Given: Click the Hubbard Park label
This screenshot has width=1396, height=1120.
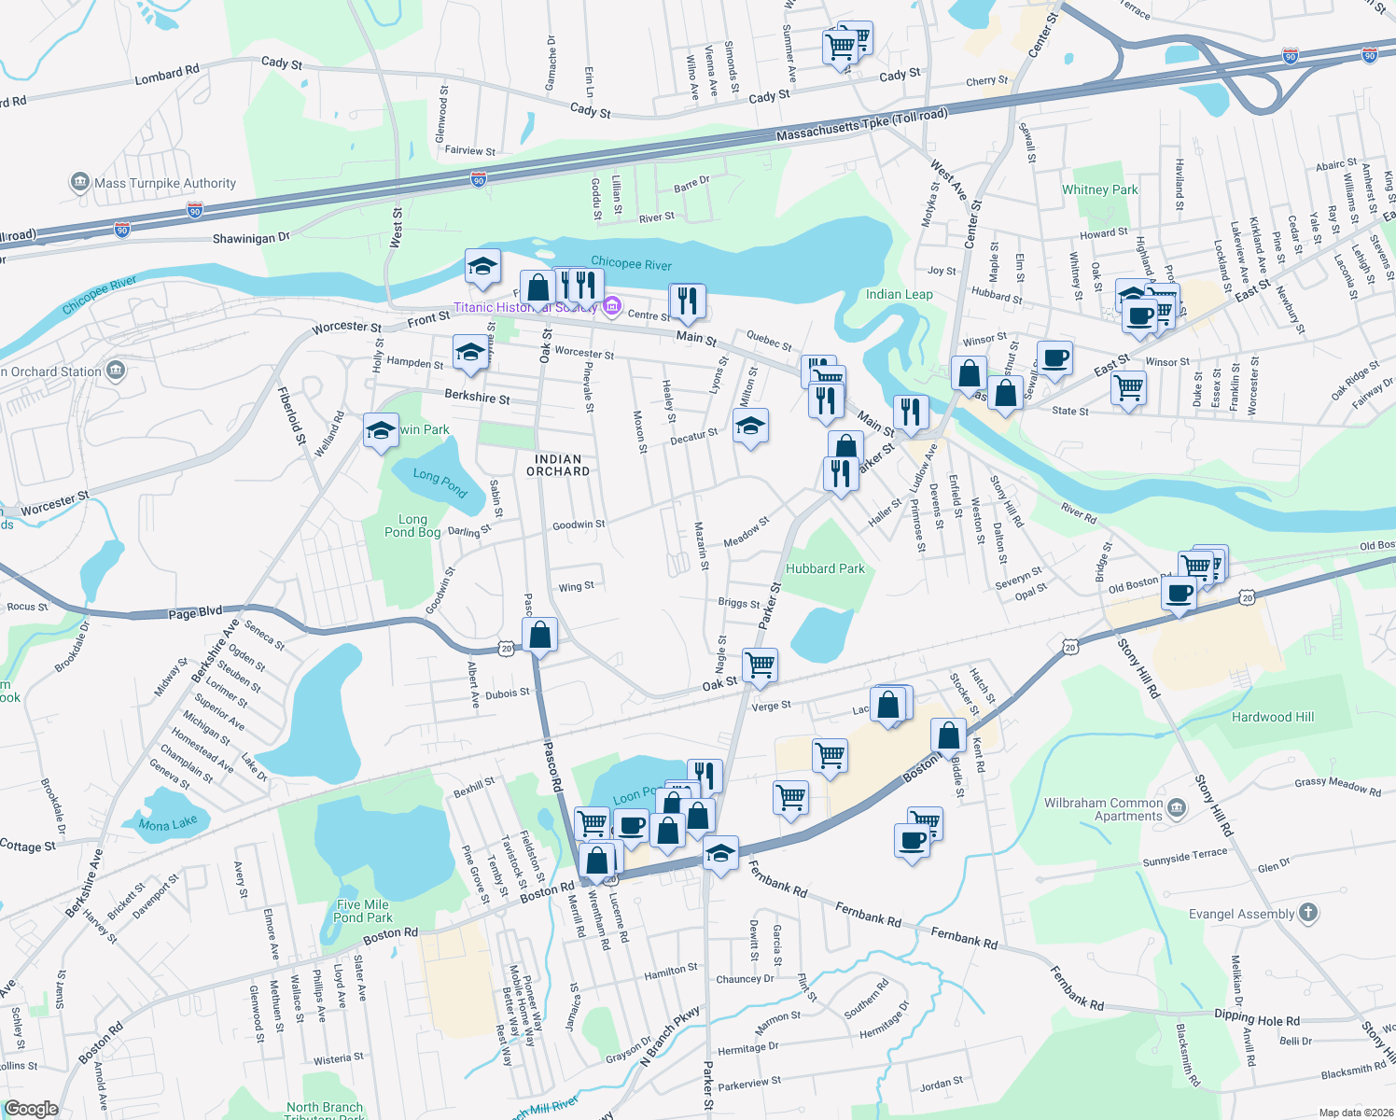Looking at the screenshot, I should click(x=825, y=568).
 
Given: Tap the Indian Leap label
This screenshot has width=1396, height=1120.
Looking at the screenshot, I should click(x=899, y=294).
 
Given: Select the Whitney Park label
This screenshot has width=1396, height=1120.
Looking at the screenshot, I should click(x=1099, y=189).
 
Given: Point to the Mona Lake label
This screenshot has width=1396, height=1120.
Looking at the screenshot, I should click(x=168, y=824).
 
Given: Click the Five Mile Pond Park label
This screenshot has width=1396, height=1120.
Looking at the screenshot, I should click(x=362, y=911).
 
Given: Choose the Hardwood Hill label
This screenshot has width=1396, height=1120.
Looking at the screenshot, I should click(x=1272, y=717).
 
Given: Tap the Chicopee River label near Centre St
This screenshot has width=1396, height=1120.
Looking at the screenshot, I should click(x=631, y=264).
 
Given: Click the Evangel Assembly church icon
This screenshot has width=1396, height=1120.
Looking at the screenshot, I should click(x=1308, y=913).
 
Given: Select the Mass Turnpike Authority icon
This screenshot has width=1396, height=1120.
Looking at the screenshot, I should click(x=80, y=182).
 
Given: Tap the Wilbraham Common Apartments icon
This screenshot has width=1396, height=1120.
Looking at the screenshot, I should click(x=1177, y=807).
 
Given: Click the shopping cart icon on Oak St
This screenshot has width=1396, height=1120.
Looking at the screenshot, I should click(x=760, y=664).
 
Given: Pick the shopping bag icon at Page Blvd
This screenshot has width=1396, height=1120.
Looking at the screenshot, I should click(x=539, y=635).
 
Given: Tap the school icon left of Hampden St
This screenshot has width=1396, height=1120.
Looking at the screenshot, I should click(x=470, y=353).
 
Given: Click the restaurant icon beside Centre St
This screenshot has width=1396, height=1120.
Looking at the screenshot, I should click(x=687, y=301).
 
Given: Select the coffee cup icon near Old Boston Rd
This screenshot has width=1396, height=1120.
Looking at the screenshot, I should click(x=1180, y=593).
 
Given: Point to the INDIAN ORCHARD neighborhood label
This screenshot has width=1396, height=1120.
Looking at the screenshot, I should click(x=558, y=465).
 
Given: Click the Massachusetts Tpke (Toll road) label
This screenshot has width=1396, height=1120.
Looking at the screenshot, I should click(x=861, y=126).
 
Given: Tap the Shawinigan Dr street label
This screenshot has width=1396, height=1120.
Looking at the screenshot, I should click(x=251, y=238).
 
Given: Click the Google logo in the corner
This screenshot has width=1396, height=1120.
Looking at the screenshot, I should click(x=32, y=1109).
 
